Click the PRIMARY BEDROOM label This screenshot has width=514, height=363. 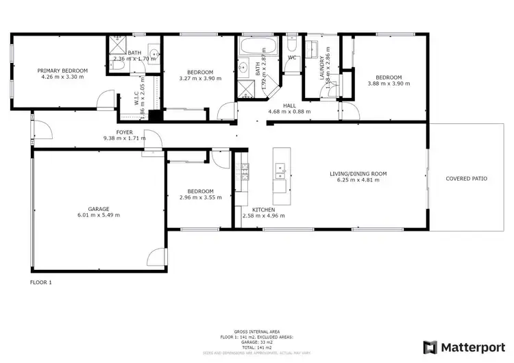(x=62, y=70)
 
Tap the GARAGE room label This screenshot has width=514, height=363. (x=103, y=208)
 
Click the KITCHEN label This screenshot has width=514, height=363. (x=263, y=209)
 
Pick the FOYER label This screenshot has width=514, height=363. (x=124, y=132)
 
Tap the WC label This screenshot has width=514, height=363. (x=292, y=58)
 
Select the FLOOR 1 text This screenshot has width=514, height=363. (x=41, y=281)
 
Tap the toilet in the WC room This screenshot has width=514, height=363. (x=292, y=45)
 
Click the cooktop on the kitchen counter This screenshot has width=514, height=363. (x=243, y=165)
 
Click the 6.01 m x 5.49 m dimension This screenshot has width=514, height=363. (x=103, y=215)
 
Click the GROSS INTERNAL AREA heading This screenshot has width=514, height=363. (x=256, y=330)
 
